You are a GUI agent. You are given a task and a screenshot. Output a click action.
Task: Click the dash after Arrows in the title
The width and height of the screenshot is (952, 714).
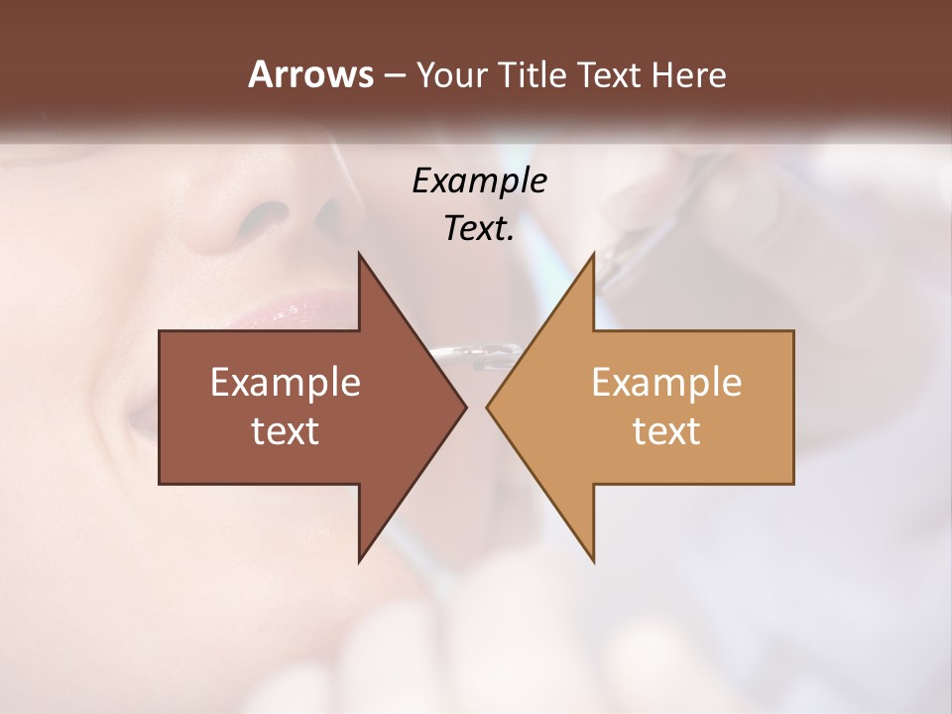394,75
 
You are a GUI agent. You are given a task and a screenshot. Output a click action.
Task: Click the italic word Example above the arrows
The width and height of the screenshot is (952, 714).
479,180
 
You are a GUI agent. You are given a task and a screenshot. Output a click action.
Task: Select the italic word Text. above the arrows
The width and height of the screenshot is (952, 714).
479,228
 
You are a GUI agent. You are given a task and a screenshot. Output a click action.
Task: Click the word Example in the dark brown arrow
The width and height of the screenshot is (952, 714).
286,383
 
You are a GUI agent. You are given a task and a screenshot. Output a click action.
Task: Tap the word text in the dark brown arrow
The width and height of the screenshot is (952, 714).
286,431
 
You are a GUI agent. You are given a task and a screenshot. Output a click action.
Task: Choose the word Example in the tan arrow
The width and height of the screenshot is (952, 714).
666,383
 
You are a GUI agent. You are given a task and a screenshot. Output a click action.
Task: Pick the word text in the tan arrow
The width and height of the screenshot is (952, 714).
666,431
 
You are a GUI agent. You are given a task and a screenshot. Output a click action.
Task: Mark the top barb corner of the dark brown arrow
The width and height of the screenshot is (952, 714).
359,254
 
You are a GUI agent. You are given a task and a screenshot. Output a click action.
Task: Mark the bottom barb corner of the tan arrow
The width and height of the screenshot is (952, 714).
593,561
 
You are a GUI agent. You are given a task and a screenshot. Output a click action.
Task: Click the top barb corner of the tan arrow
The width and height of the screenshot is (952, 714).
593,254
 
